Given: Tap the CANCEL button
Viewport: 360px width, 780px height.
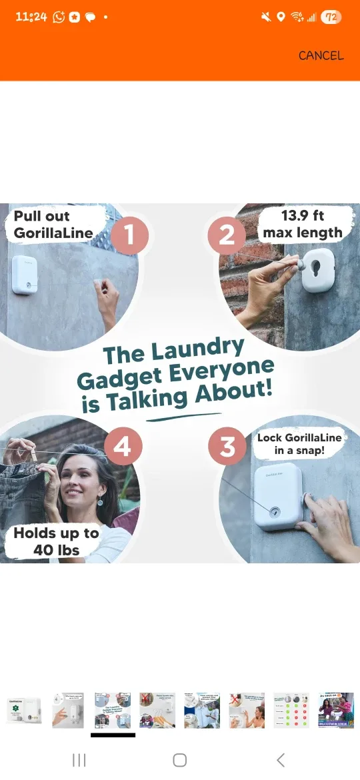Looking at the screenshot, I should pos(321,55).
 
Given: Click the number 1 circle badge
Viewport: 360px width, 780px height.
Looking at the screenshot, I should pos(129,235).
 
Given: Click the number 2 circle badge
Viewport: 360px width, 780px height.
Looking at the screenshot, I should pos(227,235).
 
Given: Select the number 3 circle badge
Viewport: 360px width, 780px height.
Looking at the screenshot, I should pos(228,447).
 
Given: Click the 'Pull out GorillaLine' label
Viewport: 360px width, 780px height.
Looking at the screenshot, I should pos(53,225).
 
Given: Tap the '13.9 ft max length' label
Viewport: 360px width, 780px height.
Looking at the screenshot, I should pos(303,224).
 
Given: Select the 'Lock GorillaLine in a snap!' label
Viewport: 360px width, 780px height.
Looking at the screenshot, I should pos(299,444).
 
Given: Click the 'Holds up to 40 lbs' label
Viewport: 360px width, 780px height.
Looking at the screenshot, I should pos(56,541).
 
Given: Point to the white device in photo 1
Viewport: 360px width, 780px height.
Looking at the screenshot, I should pos(25,275).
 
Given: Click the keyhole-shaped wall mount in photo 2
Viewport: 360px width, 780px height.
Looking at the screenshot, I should pos(318,269).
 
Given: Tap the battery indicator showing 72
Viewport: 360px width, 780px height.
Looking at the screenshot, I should pos(331,17).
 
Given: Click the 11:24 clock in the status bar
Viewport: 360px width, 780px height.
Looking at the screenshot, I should pos(31,17).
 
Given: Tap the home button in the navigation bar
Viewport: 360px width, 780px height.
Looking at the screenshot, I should pos(179,760).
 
